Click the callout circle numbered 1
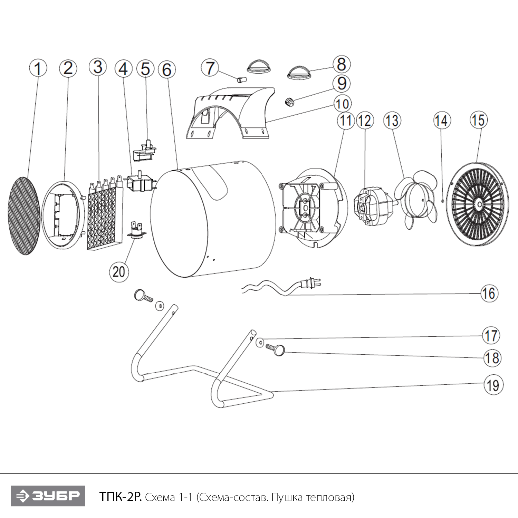38,68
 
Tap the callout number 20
118,271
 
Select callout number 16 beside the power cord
489,294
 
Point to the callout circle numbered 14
442,121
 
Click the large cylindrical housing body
214,221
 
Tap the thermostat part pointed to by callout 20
136,230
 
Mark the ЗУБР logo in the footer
48,496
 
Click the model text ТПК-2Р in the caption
120,497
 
